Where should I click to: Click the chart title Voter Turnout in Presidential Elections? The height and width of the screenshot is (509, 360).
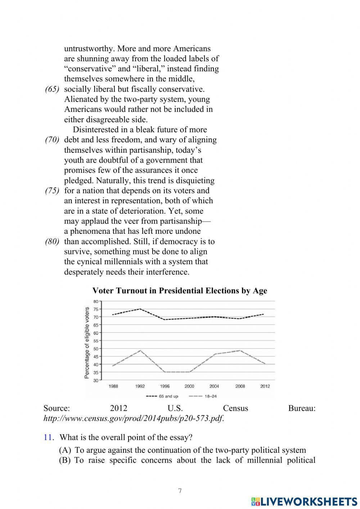tap(180, 291)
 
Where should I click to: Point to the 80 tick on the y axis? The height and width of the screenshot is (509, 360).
tap(95, 302)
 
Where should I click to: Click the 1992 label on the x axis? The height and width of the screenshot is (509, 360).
tap(140, 386)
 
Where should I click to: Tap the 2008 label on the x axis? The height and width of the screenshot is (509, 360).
tap(240, 386)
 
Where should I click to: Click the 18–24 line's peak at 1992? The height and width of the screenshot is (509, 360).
tap(140, 351)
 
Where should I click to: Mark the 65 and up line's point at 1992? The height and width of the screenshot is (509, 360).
tap(140, 309)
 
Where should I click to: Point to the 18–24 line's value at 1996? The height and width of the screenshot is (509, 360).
tap(165, 372)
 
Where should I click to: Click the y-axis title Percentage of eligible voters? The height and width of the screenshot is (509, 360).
tap(87, 343)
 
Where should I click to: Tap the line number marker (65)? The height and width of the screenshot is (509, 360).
tap(52, 89)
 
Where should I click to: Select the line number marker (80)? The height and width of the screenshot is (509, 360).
tap(52, 242)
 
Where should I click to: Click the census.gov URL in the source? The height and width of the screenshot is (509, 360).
tap(133, 419)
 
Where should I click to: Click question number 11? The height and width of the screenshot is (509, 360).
tap(49, 437)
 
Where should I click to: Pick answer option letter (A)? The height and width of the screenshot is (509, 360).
tap(65, 450)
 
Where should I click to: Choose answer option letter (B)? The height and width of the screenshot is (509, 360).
tap(65, 460)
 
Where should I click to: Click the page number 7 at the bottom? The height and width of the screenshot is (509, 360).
tap(180, 491)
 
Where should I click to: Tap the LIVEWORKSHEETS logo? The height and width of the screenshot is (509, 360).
tap(304, 501)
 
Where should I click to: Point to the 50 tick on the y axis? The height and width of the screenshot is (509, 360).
tap(95, 349)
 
